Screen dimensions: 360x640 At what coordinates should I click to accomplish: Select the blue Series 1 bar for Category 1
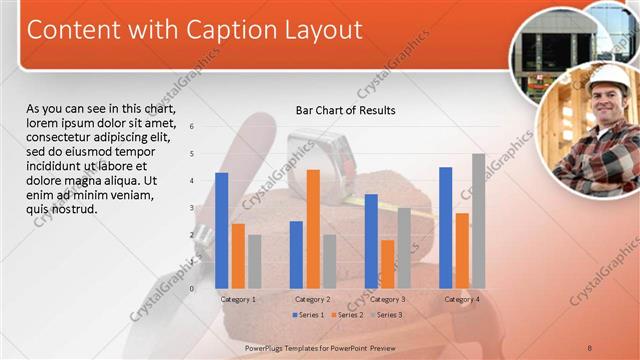click(x=221, y=230)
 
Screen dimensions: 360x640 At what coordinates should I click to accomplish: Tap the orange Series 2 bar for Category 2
click(x=313, y=228)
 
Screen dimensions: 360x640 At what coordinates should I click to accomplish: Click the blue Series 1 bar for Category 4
click(x=445, y=227)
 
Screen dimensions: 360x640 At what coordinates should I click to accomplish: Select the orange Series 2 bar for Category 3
click(x=387, y=263)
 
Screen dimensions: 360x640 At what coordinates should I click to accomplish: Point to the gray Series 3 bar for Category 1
click(x=255, y=261)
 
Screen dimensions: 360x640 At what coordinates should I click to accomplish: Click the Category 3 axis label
click(x=386, y=299)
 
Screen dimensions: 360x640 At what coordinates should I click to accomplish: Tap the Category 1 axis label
click(x=238, y=299)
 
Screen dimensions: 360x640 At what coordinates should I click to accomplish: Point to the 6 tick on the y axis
click(x=192, y=126)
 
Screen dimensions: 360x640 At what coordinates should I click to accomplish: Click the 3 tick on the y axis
click(x=192, y=207)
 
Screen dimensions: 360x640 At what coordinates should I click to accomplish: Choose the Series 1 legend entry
click(x=309, y=315)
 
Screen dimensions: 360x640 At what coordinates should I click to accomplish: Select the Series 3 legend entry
click(x=385, y=315)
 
